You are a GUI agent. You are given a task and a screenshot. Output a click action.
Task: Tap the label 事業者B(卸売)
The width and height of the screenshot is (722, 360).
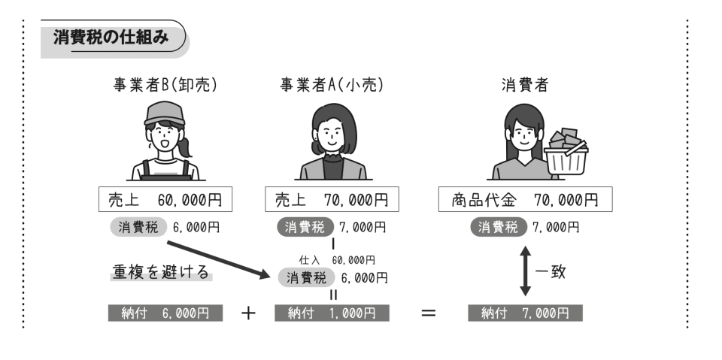point(165,86)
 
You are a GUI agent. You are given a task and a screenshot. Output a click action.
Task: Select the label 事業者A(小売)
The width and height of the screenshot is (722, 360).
point(332,86)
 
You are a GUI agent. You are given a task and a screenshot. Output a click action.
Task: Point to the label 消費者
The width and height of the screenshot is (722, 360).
point(524,86)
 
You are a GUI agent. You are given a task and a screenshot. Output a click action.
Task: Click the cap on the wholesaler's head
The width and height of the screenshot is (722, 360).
point(164,114)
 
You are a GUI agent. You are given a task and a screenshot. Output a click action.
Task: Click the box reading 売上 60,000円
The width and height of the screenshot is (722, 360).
point(165,200)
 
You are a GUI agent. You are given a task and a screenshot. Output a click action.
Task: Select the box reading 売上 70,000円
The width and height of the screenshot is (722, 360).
point(332,200)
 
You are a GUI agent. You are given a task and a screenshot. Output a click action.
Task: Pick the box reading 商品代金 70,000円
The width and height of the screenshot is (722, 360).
point(525,200)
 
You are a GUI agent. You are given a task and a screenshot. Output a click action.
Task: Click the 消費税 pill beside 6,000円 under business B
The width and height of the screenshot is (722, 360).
point(138,226)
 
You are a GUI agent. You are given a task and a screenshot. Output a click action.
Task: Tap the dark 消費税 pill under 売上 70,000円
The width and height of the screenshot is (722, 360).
point(304,226)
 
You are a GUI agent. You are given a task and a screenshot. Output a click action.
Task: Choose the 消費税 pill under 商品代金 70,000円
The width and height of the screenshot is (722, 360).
point(498,226)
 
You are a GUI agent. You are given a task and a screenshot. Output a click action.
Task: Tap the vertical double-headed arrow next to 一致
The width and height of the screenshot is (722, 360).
point(526,270)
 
